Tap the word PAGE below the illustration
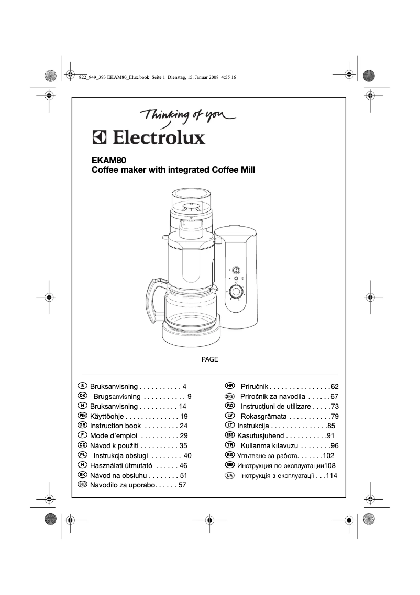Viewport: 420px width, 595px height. coord(209,359)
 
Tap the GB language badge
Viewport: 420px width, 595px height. coord(82,426)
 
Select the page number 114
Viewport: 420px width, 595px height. coord(330,475)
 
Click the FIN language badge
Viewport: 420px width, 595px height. coord(82,416)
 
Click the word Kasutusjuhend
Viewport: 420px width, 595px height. coord(260,436)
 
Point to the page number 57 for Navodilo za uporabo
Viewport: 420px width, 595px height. coord(182,485)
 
